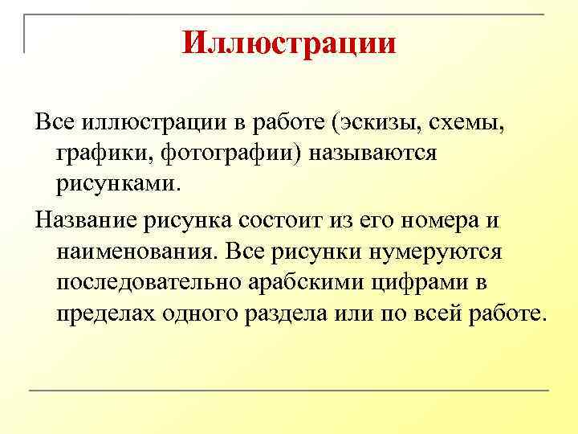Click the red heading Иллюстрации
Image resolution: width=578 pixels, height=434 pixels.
pyautogui.click(x=289, y=43)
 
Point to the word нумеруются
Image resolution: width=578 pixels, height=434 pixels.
pyautogui.click(x=436, y=251)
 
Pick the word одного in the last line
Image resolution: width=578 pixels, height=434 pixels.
pyautogui.click(x=207, y=312)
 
